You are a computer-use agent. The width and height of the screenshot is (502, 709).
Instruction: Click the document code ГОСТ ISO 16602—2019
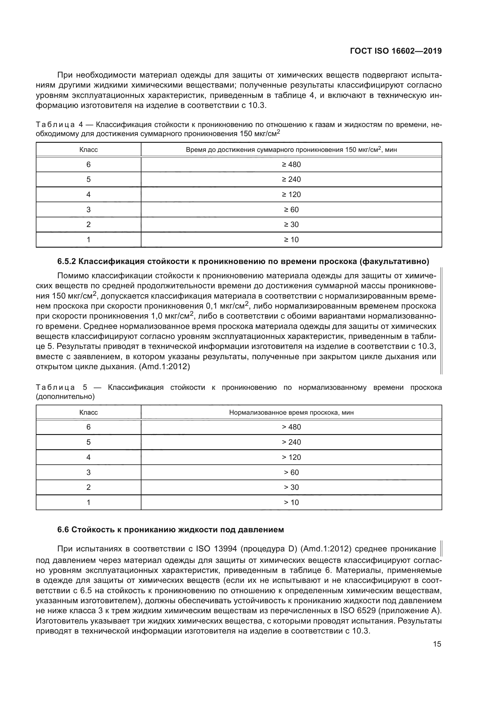click(x=396, y=51)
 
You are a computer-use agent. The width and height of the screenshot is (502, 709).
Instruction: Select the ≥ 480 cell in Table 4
click(x=291, y=165)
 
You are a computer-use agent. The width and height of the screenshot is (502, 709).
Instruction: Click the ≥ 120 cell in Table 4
click(x=291, y=195)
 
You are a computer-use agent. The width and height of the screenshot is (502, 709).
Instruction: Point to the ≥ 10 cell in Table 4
click(x=291, y=240)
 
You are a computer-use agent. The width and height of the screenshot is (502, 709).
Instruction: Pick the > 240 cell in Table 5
click(x=291, y=442)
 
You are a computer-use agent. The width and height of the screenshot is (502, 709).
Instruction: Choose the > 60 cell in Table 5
click(x=291, y=473)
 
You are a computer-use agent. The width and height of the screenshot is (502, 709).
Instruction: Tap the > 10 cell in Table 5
click(x=291, y=502)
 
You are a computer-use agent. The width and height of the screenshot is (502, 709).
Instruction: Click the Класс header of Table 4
click(x=88, y=150)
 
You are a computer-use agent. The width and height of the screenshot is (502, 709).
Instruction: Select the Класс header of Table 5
click(x=88, y=413)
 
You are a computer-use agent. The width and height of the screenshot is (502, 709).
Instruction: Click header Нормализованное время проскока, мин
click(x=291, y=413)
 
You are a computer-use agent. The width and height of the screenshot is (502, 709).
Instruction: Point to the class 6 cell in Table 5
click(x=88, y=427)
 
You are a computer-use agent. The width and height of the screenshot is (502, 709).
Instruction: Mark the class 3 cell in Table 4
click(x=88, y=210)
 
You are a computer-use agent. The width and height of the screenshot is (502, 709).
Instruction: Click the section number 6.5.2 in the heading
click(x=66, y=262)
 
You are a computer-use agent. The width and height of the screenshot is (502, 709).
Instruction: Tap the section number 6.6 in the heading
click(x=63, y=530)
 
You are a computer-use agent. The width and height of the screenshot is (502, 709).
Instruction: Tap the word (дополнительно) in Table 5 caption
click(x=65, y=397)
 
